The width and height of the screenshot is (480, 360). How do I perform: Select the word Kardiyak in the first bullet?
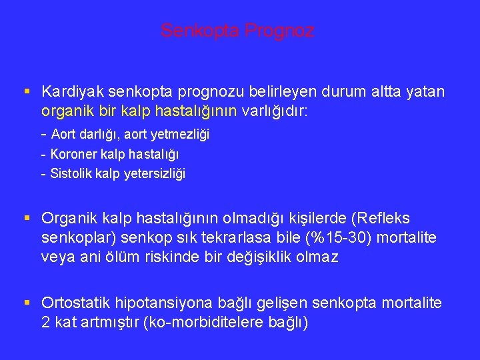69,91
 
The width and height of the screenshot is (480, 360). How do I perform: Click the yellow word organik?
65,110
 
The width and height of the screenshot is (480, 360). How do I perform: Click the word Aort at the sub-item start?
64,135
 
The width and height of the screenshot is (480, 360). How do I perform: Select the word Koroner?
73,154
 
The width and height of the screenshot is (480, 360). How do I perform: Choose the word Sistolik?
71,174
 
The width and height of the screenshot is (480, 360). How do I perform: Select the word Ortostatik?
76,303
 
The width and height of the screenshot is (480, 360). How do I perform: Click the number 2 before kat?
45,323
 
